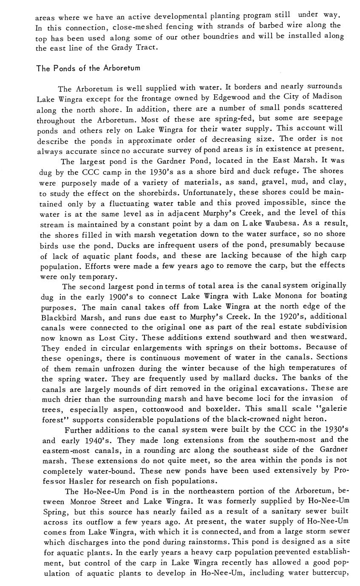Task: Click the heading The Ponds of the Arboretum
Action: click(x=88, y=68)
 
